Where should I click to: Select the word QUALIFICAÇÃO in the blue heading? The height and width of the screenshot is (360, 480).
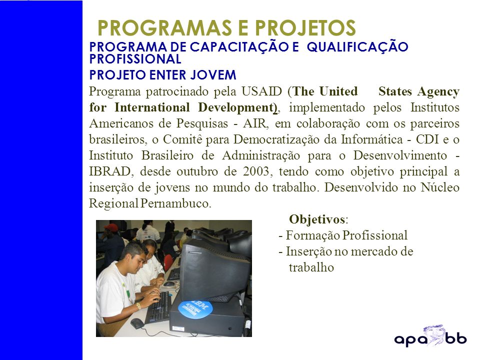[x=357, y=47]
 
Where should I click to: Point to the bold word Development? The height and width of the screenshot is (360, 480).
[x=235, y=107]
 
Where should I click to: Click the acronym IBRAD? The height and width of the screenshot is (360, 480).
[x=110, y=171]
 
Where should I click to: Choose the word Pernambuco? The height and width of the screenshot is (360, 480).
[x=175, y=203]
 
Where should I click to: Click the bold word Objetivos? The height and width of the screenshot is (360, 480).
[x=317, y=219]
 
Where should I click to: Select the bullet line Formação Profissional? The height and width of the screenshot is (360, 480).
[x=343, y=235]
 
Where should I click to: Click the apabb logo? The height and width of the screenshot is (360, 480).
[x=430, y=336]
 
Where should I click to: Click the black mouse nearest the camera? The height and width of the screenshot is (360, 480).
[x=137, y=323]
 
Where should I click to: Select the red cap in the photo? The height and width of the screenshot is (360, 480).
[x=111, y=227]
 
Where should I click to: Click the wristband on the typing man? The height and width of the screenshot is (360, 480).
[x=138, y=305]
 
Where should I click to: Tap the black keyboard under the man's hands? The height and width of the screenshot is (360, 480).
[x=158, y=307]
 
